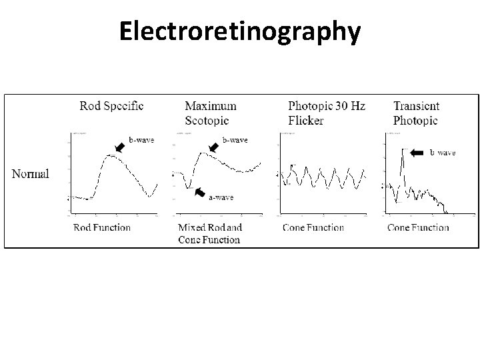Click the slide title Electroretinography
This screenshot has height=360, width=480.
(x=240, y=31)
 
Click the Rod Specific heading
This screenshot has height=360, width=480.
(x=111, y=105)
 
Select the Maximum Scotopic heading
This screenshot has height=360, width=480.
(x=211, y=113)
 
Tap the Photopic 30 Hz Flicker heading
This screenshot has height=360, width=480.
(x=327, y=113)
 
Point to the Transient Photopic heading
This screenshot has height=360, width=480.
(x=416, y=113)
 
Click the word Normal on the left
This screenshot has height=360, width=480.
(x=31, y=174)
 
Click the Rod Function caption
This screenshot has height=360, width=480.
(x=102, y=227)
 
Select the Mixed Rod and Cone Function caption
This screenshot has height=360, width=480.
(x=210, y=233)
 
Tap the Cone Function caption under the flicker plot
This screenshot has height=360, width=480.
(x=313, y=227)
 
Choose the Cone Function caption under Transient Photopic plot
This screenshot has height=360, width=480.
(x=419, y=227)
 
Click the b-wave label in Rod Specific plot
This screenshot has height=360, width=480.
(x=141, y=140)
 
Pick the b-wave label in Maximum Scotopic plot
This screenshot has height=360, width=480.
(x=235, y=140)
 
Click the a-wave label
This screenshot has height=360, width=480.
(x=221, y=197)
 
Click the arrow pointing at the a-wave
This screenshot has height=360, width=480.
(x=199, y=192)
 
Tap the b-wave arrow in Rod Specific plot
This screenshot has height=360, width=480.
(x=121, y=146)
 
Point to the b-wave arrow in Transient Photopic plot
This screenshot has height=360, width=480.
(x=417, y=153)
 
